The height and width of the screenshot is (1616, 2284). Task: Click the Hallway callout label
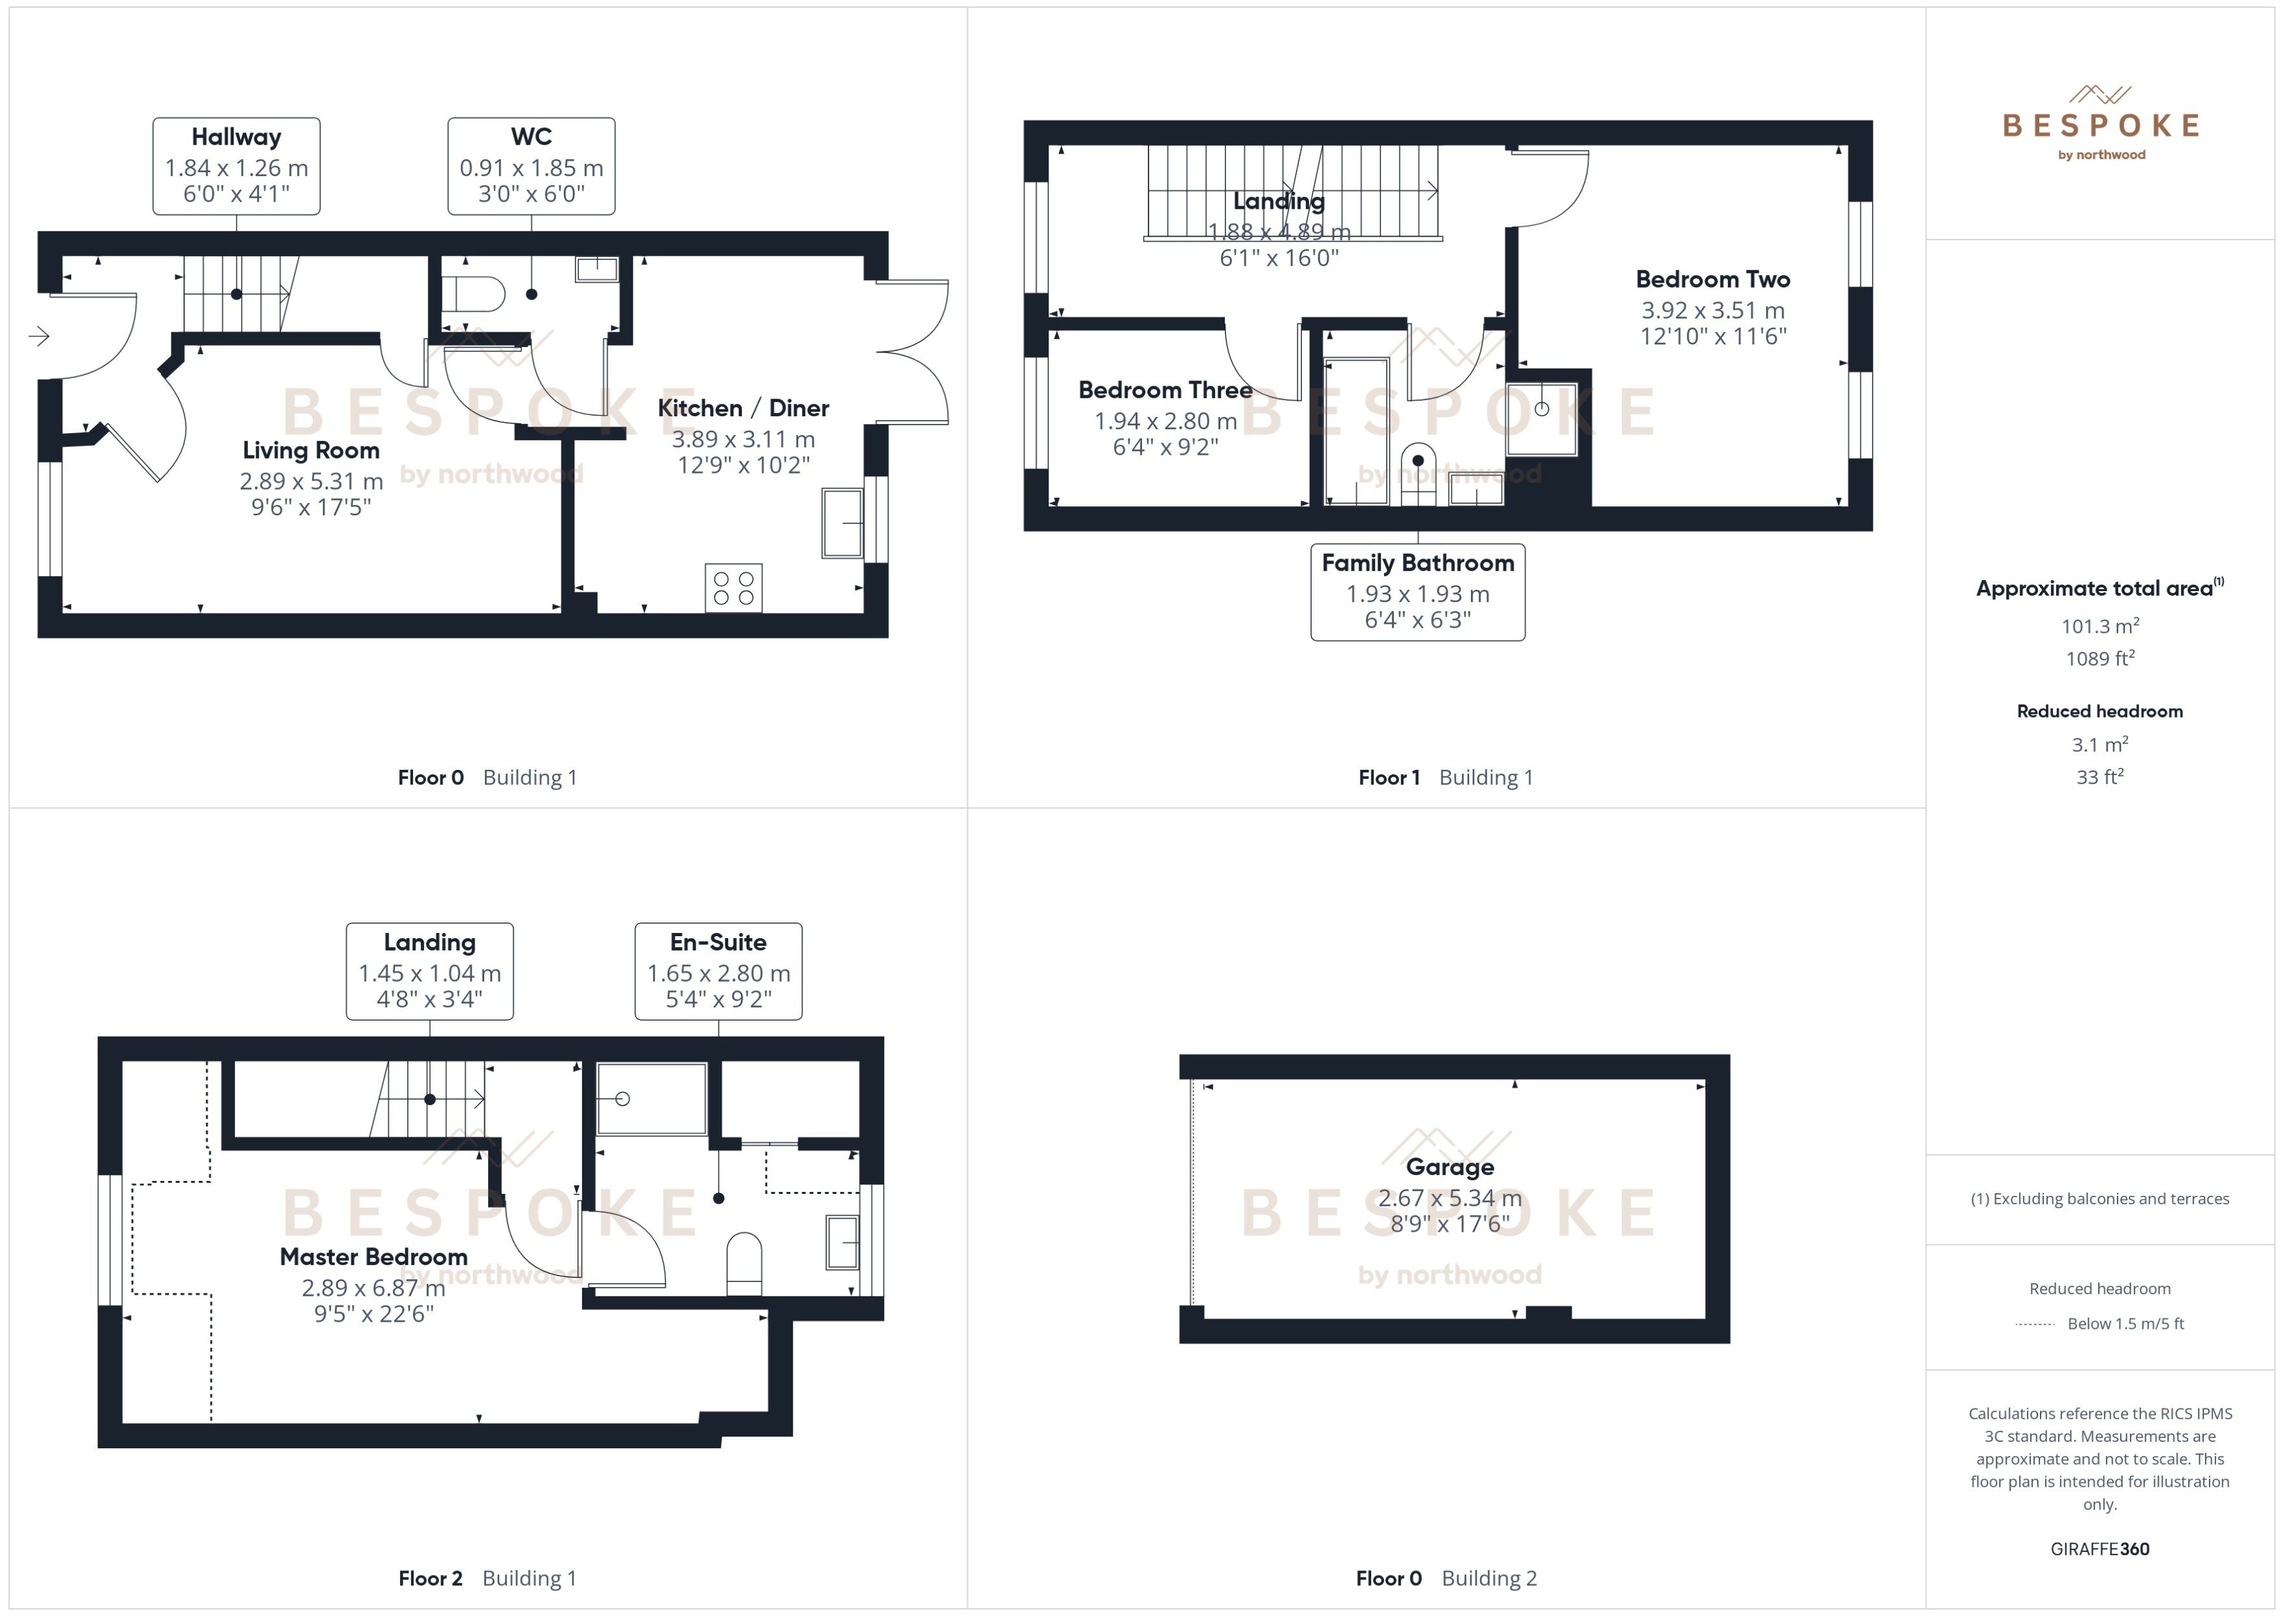236,165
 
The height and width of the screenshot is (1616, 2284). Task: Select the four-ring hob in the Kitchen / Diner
733,587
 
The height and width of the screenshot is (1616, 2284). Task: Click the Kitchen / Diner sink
842,523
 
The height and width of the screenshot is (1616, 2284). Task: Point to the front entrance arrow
39,337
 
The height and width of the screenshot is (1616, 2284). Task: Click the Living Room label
311,450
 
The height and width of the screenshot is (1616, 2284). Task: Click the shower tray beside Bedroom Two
1541,419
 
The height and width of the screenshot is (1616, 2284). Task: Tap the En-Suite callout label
718,970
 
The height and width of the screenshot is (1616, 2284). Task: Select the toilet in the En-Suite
745,1264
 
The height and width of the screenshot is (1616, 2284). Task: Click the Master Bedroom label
373,1257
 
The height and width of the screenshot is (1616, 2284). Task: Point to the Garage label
1449,1167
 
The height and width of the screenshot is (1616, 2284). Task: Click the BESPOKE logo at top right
2100,125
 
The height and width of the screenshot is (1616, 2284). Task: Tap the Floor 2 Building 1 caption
487,1578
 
